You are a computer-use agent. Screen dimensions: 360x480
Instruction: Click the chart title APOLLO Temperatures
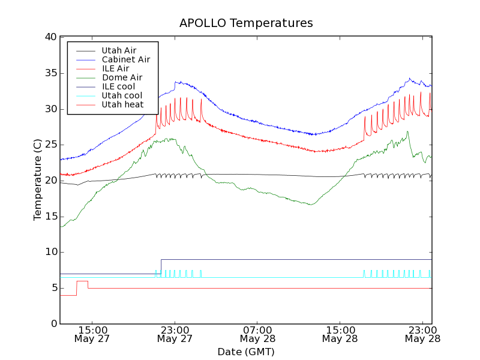246,23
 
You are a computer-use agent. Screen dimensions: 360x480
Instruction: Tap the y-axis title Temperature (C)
38,179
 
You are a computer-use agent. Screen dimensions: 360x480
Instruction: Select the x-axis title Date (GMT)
246,352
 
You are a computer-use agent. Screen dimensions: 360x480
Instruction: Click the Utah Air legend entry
119,50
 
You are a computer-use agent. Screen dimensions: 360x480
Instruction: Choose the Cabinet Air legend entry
126,59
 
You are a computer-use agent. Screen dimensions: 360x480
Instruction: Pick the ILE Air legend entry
115,68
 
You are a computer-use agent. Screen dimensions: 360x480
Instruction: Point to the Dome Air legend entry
122,77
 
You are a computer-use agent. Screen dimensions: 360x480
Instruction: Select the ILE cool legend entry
118,86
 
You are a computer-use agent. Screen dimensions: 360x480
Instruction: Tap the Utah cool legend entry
122,95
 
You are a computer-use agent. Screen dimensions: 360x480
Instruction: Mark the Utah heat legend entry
122,104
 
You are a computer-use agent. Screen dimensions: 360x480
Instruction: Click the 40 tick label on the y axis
50,37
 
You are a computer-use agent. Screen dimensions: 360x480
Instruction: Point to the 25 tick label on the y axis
50,145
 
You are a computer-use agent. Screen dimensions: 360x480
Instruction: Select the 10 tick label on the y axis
50,252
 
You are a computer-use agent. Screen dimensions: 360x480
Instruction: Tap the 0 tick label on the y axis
53,324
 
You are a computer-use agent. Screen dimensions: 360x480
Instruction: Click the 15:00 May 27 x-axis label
92,334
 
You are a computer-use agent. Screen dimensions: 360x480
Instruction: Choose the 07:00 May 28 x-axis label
257,334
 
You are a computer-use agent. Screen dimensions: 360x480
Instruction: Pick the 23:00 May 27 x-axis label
175,334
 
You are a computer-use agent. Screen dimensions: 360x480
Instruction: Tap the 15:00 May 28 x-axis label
340,334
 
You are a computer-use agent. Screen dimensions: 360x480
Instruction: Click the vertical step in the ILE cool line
161,266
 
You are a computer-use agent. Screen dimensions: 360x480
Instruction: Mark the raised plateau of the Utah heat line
82,281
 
